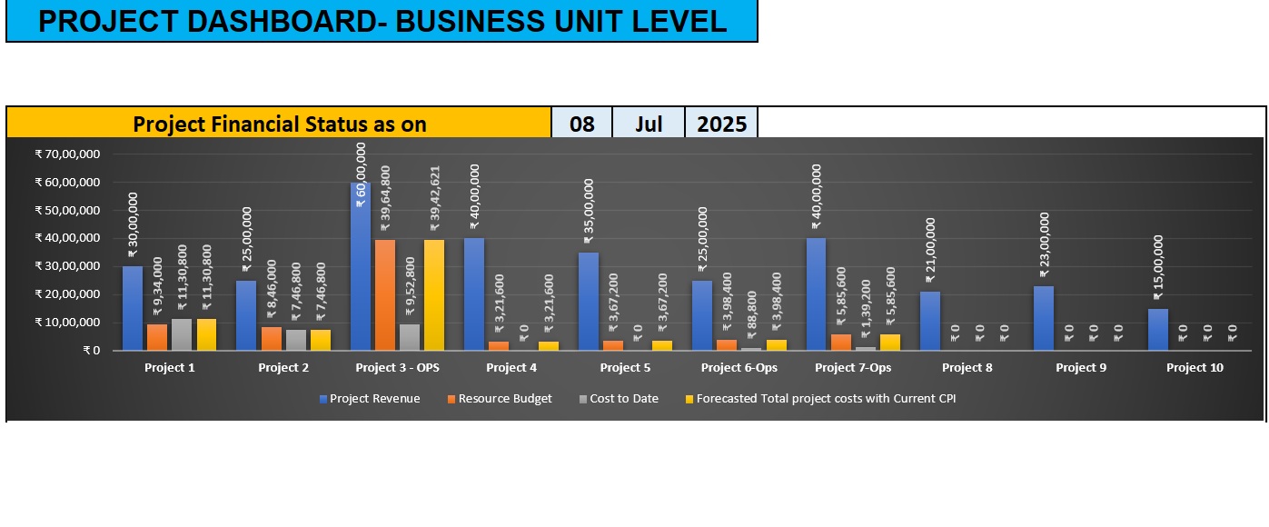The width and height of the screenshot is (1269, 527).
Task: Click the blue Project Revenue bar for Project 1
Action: click(x=133, y=308)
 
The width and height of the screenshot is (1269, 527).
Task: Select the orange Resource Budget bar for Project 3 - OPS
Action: click(x=385, y=295)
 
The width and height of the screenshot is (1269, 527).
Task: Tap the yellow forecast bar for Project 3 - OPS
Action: click(x=434, y=295)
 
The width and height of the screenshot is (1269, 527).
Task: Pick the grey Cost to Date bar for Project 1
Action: click(x=182, y=334)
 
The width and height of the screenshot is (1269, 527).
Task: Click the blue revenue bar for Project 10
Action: click(x=1157, y=330)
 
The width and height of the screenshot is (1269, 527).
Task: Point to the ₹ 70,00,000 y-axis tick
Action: click(x=67, y=154)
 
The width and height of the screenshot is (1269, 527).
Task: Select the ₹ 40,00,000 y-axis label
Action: click(x=67, y=238)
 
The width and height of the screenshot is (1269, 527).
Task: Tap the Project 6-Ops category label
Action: click(x=739, y=368)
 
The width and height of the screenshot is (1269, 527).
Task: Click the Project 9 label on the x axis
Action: click(x=1081, y=368)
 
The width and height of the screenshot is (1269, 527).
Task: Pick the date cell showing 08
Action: click(x=581, y=124)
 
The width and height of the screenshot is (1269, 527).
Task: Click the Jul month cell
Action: click(x=649, y=124)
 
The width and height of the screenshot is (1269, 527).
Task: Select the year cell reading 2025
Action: click(x=721, y=124)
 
